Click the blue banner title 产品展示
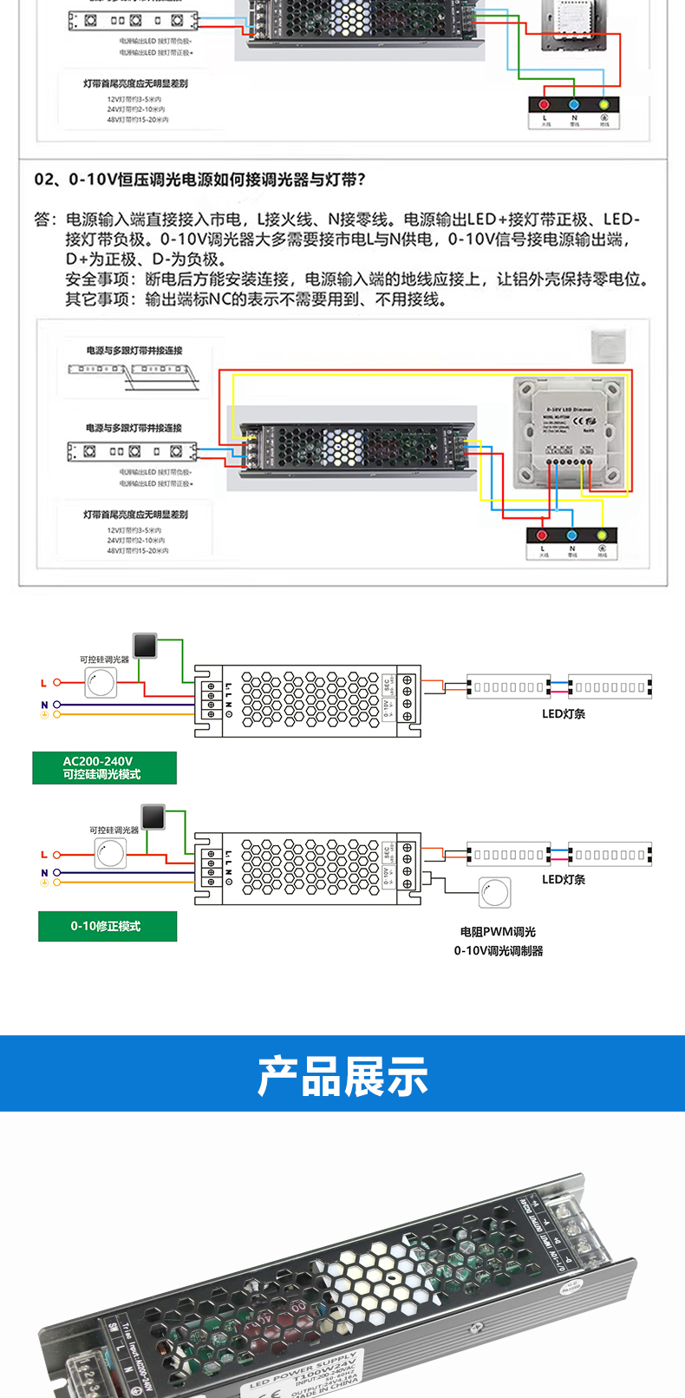click(342, 1076)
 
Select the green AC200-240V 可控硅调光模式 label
click(104, 768)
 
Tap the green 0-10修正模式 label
click(107, 926)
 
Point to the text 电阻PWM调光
click(498, 931)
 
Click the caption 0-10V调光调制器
click(498, 950)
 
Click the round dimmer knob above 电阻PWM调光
click(495, 891)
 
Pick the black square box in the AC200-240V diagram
click(145, 645)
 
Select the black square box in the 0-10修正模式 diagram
click(153, 817)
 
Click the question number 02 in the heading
click(45, 180)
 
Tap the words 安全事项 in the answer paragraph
click(98, 279)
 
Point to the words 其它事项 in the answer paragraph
click(98, 299)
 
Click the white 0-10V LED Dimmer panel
click(569, 430)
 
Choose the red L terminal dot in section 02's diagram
click(543, 535)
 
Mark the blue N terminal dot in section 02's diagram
click(571, 535)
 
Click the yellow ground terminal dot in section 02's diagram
click(602, 535)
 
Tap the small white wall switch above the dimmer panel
click(608, 345)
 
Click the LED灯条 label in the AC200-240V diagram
click(564, 713)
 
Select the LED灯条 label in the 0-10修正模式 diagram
click(564, 879)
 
